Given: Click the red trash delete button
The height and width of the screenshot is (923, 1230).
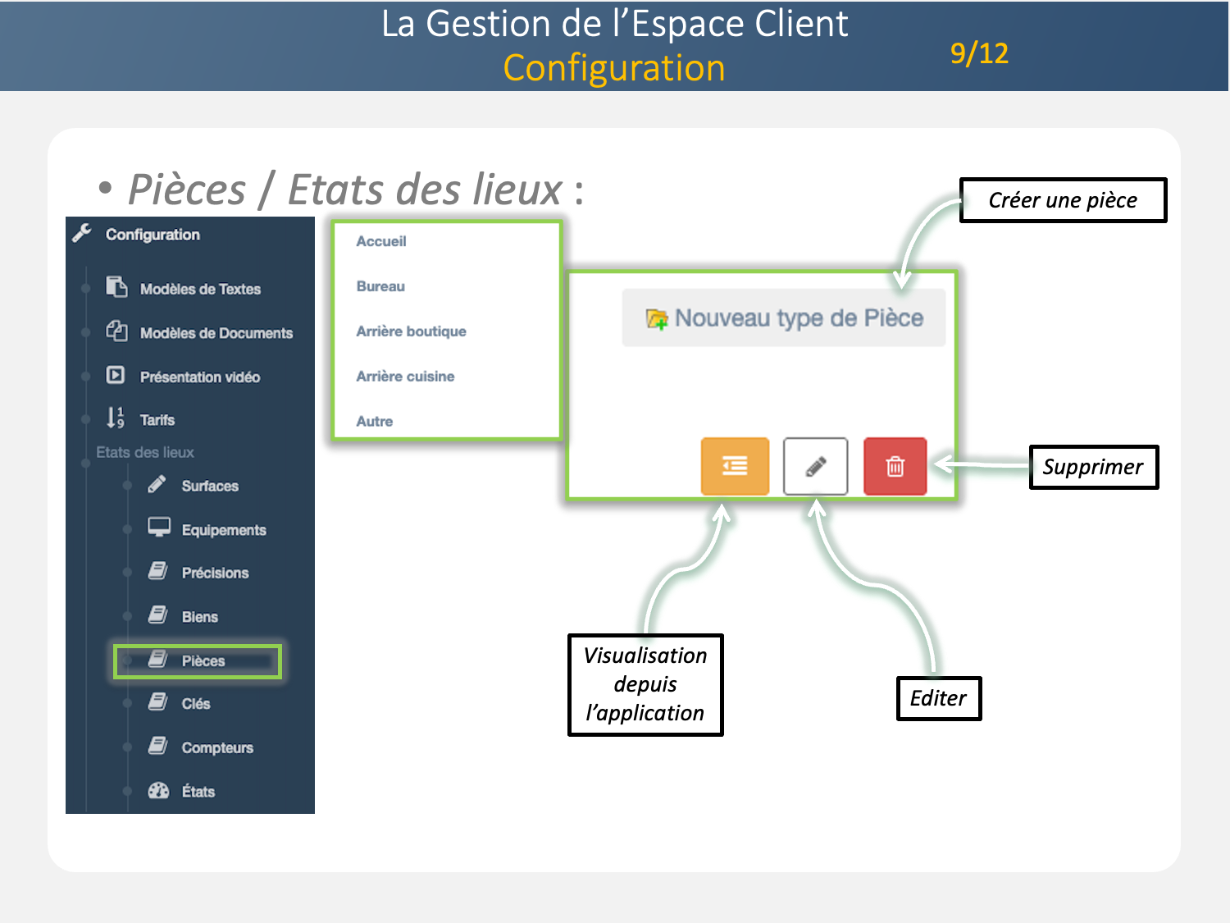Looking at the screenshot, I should tap(895, 467).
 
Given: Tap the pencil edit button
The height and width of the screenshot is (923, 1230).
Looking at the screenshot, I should tap(815, 467).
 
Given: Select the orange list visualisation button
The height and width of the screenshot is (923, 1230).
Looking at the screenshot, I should tap(735, 467).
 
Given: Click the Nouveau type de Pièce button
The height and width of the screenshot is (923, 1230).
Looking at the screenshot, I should tap(784, 318).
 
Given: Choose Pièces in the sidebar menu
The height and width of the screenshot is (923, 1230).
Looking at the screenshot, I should tap(203, 661).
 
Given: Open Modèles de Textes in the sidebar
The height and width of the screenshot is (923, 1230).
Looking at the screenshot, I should tap(200, 289).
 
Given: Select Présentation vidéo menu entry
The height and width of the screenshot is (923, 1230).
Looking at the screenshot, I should tap(199, 377).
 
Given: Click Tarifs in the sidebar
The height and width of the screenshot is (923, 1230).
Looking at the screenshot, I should tap(157, 420).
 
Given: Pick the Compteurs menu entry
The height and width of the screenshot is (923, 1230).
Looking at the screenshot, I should tap(217, 747).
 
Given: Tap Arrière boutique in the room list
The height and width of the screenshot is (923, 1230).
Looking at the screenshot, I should tap(411, 331).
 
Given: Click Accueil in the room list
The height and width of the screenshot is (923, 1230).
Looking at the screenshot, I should tap(381, 241).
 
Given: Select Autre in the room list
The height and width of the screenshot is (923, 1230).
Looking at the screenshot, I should tap(375, 422).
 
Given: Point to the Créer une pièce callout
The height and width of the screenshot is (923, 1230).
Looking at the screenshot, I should tap(1063, 200).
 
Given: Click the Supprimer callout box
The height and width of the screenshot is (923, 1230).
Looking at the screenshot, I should tap(1093, 467).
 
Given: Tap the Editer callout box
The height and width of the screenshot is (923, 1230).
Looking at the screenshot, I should tap(938, 698).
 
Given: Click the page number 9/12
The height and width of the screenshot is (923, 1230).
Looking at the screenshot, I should tap(979, 53).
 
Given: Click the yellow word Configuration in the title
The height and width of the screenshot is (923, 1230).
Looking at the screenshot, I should tap(614, 68).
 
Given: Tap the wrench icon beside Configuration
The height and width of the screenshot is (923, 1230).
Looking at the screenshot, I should tap(82, 234).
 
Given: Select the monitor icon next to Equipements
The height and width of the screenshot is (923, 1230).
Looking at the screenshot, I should tap(159, 528).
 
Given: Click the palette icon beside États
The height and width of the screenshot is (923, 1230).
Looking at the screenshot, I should tap(158, 791).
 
